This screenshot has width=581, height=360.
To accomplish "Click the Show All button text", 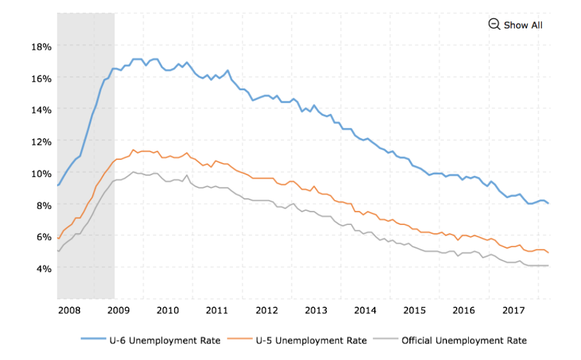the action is (x=523, y=25).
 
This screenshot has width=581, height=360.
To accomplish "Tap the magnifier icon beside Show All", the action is (x=494, y=24).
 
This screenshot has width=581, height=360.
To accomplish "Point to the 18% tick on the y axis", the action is (x=41, y=47).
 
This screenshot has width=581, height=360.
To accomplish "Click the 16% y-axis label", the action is (x=41, y=79).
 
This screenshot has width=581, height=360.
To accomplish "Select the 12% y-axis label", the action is (x=41, y=142).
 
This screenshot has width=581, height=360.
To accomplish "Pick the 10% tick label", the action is (x=41, y=173).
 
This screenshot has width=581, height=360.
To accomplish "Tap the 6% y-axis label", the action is (x=44, y=236).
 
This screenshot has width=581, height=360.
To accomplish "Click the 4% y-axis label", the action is (x=44, y=268).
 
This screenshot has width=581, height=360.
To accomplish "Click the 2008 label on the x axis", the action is (x=69, y=310).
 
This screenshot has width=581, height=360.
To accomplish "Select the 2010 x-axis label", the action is (x=167, y=310).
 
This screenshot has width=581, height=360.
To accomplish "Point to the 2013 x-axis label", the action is (x=316, y=310).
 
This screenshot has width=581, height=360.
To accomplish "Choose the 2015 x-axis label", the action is (x=414, y=310).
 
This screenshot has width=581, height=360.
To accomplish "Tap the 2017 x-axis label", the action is (x=514, y=310).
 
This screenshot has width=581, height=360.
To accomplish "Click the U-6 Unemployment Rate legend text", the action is (x=165, y=341).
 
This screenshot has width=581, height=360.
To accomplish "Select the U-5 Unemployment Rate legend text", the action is (x=311, y=341).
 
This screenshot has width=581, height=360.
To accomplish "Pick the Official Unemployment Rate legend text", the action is (x=464, y=341).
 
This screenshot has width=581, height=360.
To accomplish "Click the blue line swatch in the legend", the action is (x=93, y=339).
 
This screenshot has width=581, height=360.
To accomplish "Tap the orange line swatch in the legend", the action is (x=240, y=339).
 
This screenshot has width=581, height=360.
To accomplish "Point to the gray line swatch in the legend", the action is (x=385, y=339).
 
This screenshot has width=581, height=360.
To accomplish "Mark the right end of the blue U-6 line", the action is (x=548, y=203).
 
